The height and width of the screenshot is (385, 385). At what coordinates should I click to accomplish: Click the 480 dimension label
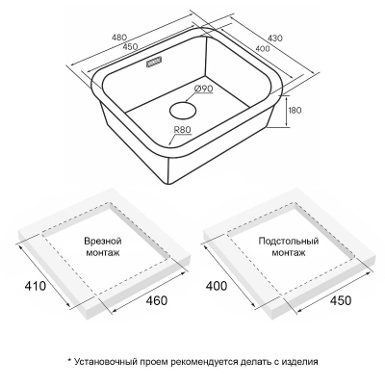click(x=119, y=38)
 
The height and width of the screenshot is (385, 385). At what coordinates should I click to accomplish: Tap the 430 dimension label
click(x=275, y=38)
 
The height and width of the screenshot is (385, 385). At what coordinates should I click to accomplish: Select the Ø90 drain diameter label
click(x=203, y=89)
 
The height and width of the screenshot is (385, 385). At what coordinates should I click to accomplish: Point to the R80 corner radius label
click(x=182, y=130)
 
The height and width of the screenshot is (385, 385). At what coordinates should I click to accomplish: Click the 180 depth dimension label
click(x=295, y=110)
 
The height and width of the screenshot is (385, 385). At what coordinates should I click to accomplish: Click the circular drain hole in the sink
click(x=183, y=111)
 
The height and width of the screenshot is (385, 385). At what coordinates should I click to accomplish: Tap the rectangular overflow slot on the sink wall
click(x=154, y=63)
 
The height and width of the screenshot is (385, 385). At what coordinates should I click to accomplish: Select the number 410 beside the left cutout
click(x=35, y=285)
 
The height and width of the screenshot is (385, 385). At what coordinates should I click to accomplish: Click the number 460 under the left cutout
click(x=157, y=300)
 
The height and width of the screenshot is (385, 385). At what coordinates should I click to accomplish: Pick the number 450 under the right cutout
click(x=341, y=300)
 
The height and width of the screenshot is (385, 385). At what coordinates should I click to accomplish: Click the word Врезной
click(x=103, y=242)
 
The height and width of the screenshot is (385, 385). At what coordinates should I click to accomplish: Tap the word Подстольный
click(x=289, y=241)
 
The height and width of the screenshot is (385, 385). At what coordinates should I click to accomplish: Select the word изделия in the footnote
click(x=300, y=362)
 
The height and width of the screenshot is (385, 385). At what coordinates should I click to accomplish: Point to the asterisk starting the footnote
click(x=69, y=361)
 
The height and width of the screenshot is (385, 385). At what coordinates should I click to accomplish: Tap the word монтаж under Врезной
click(x=103, y=253)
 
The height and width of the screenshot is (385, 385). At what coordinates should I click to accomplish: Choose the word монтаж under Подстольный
click(x=289, y=253)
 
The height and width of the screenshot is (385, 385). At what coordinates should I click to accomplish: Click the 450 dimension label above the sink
click(x=131, y=46)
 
